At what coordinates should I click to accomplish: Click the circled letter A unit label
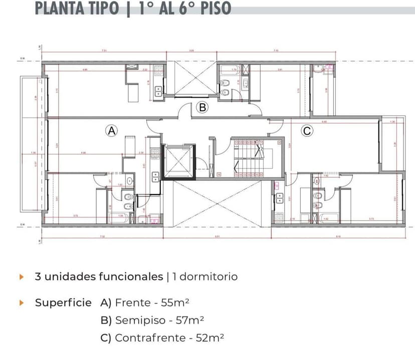point(111,130)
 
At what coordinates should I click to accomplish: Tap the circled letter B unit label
point(202,107)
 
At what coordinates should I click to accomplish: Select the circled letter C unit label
point(307,131)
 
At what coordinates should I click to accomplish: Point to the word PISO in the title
point(216,8)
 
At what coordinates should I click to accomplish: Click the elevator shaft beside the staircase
point(178,161)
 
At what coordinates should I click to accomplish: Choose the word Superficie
point(63,303)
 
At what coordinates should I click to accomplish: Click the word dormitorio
point(208,277)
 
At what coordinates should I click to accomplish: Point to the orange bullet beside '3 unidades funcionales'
point(21,277)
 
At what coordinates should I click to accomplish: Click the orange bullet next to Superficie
point(21,303)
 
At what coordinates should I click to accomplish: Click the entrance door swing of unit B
point(186,110)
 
